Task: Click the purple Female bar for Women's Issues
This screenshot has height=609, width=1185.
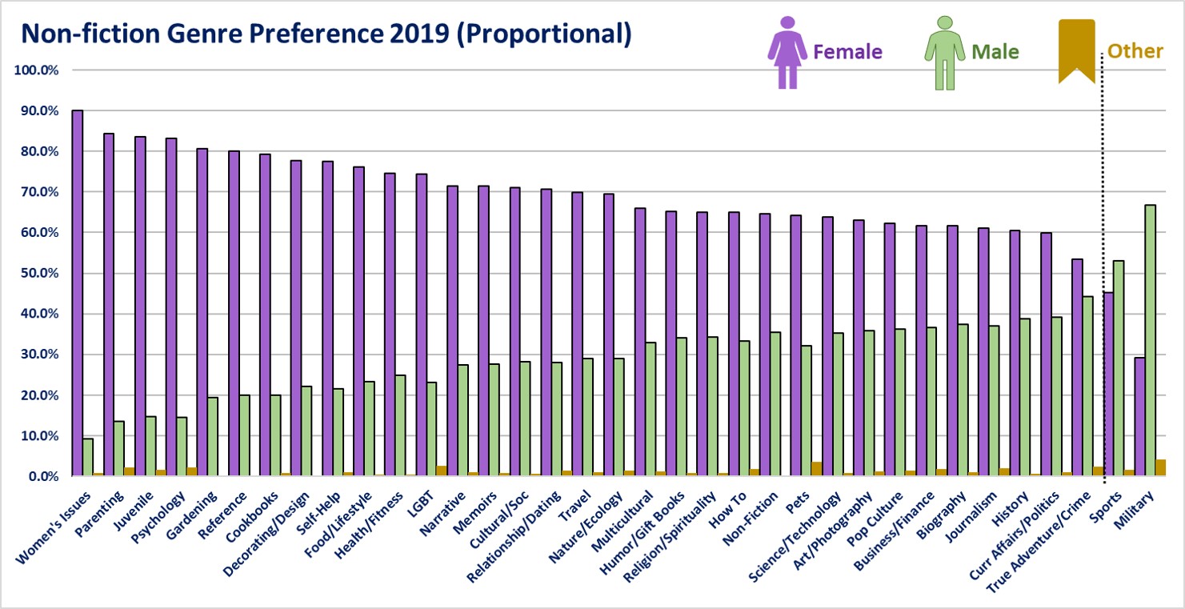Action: (78, 293)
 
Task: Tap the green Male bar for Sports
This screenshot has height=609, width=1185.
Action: (1096, 368)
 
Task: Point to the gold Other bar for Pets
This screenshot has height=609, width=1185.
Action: (816, 469)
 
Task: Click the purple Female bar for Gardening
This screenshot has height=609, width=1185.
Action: (202, 312)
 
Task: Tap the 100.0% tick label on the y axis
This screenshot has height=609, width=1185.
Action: (37, 70)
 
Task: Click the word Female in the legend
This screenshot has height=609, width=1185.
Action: (847, 52)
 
